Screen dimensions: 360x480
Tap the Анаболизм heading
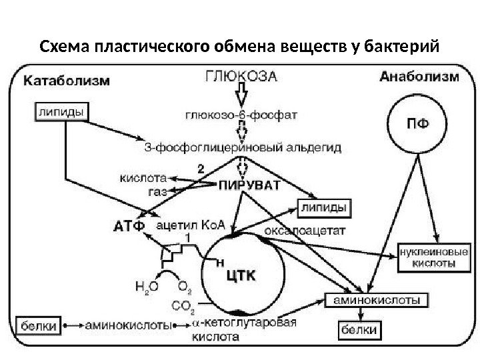click(419, 77)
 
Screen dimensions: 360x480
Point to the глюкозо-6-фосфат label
click(242, 113)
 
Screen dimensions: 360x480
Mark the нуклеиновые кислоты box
click(432, 258)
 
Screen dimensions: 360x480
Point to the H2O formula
click(146, 287)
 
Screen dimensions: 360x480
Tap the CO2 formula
click(183, 306)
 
